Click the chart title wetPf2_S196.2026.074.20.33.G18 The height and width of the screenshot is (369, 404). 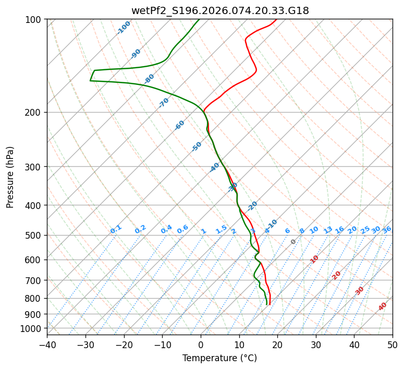point(219,10)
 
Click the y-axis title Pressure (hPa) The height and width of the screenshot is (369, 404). point(10,177)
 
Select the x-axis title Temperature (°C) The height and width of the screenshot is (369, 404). point(219,359)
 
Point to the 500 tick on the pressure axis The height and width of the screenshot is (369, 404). point(34,236)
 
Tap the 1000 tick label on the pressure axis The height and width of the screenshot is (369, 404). point(32,328)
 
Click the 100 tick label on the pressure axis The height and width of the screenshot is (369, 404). point(34,20)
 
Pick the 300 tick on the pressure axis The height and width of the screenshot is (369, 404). point(34,167)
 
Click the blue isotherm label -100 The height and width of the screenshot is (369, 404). point(124,28)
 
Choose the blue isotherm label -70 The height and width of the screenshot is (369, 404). point(164,103)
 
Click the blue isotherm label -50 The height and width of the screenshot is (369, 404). point(197,146)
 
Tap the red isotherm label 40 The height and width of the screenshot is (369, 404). point(383,306)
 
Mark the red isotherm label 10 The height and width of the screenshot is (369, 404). point(314,259)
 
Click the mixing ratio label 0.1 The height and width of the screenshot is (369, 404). point(116,229)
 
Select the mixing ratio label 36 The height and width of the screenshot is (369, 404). point(387,229)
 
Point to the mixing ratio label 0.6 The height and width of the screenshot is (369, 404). point(182,229)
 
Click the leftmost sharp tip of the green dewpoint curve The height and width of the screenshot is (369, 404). point(90,81)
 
